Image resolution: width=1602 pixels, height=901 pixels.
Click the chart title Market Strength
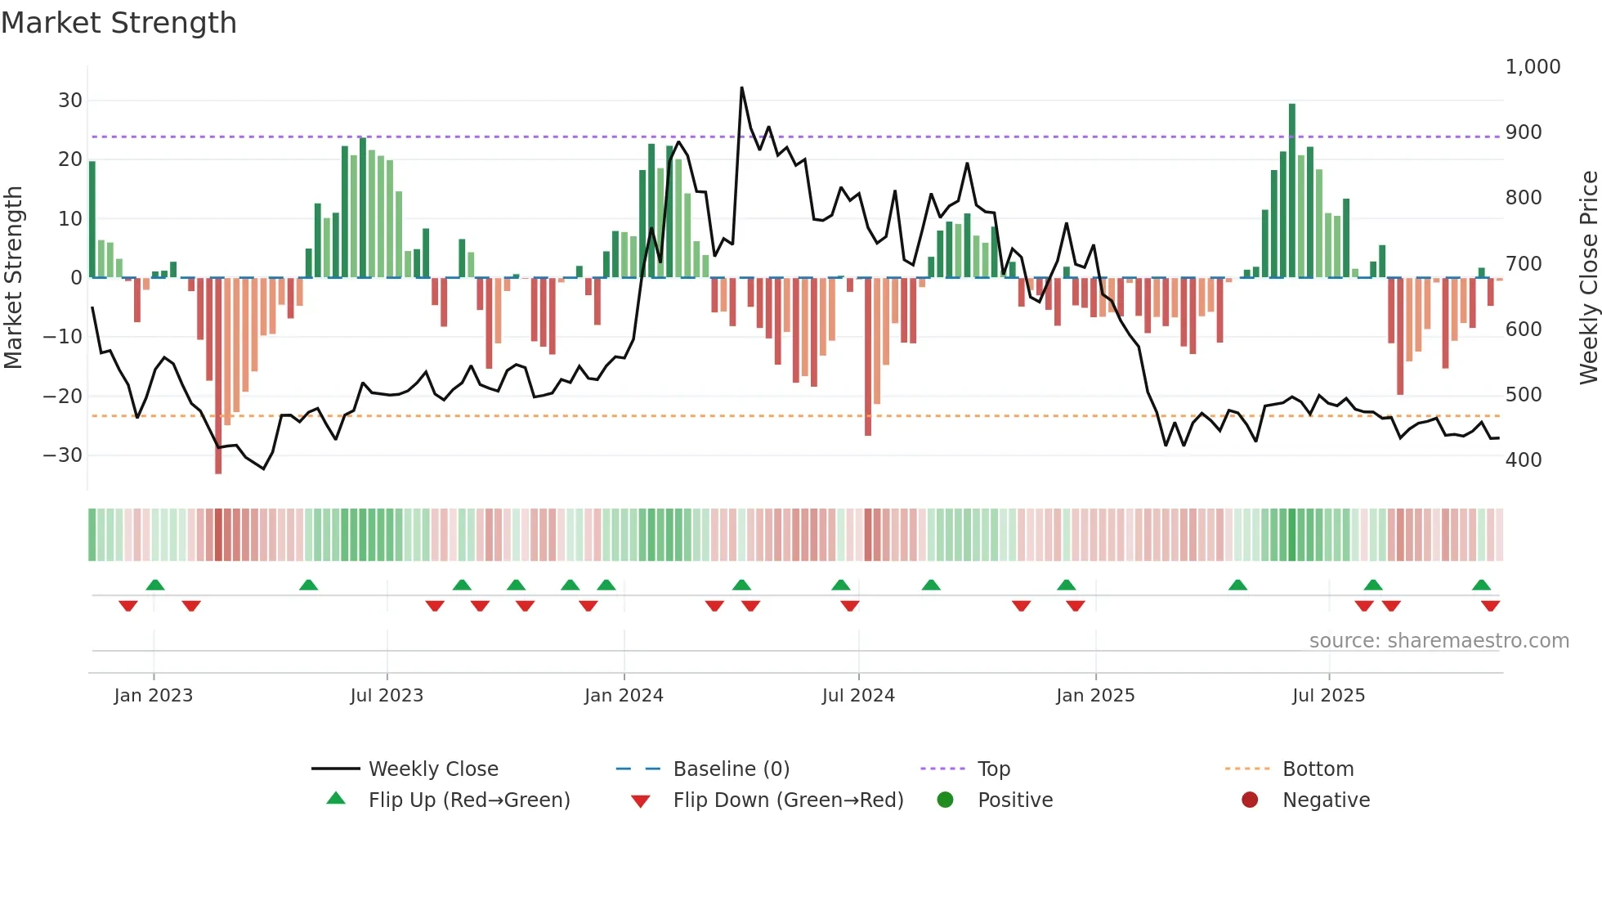click(119, 23)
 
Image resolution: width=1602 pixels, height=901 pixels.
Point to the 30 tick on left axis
click(70, 101)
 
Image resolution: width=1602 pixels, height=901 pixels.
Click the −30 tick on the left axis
click(64, 455)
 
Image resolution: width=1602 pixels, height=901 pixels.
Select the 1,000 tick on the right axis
click(1533, 67)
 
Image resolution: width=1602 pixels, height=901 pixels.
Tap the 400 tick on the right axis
click(1524, 460)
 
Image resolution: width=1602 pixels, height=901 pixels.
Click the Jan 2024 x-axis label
click(624, 696)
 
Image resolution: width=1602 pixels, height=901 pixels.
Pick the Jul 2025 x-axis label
click(1328, 696)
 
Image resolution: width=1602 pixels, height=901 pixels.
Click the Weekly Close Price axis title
click(1588, 277)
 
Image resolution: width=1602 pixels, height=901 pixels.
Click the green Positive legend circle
click(946, 800)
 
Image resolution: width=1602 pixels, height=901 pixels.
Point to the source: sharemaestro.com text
click(1439, 641)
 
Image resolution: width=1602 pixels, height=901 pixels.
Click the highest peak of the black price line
click(742, 87)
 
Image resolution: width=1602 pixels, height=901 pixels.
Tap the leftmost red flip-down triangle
click(128, 606)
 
